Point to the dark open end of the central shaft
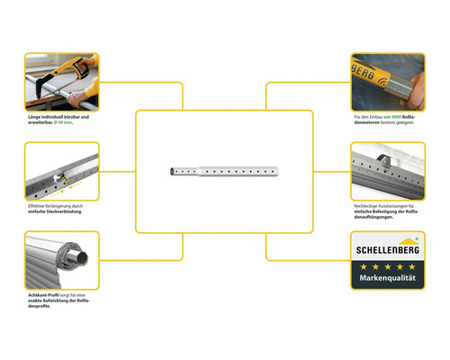tap(169, 171)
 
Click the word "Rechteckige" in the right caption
tap(370, 205)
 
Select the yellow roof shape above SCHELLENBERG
tap(417, 241)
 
